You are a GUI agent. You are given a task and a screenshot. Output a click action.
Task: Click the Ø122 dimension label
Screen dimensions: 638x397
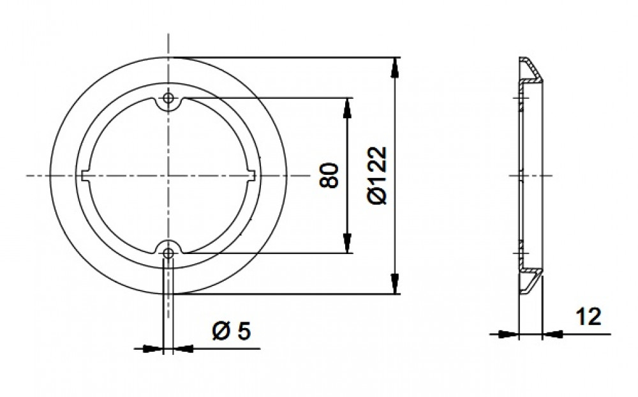[377, 175]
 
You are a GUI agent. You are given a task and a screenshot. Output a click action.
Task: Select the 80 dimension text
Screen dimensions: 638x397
[329, 176]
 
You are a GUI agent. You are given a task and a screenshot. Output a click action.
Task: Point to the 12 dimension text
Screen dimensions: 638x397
[588, 317]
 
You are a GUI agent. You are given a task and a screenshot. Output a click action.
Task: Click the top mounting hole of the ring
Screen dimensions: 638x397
[168, 98]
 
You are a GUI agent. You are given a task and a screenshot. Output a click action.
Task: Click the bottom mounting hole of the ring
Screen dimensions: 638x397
[168, 253]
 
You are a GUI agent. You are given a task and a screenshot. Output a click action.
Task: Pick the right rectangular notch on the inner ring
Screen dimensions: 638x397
[250, 176]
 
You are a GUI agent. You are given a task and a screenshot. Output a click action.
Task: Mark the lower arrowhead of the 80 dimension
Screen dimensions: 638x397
[347, 243]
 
